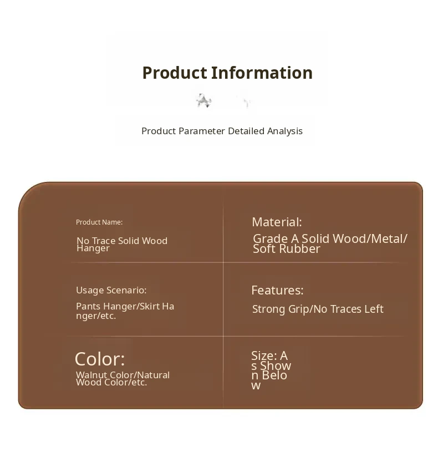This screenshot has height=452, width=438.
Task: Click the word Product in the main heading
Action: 175,73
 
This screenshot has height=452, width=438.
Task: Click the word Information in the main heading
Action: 262,73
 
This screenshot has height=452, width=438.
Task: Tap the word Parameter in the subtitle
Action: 202,131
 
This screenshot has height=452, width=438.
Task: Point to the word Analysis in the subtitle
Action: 285,131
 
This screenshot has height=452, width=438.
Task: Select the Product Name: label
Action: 99,222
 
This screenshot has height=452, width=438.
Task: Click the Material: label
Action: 277,222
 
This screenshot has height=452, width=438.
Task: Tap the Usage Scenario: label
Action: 111,290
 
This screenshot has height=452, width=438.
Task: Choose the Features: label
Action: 278,290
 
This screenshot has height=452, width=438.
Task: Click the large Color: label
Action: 100,359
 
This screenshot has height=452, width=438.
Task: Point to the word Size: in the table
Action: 264,356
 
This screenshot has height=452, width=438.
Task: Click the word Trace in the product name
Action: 104,241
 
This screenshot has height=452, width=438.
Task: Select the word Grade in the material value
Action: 271,238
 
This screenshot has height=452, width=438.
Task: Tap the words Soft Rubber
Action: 287,249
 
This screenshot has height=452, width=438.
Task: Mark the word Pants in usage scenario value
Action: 88,306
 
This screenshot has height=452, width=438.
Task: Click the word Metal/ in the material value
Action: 389,239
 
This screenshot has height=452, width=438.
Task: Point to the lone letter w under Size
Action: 256,385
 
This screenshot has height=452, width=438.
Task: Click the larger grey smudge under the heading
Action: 203,101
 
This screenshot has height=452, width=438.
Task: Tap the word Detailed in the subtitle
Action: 246,131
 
